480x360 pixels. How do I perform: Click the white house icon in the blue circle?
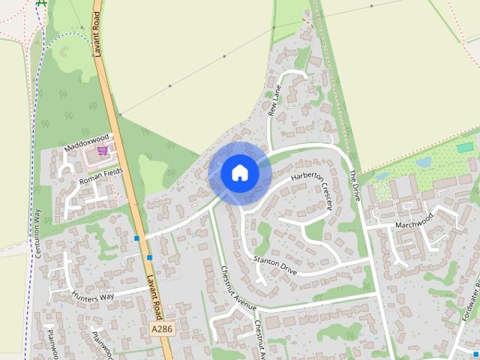click(239, 173)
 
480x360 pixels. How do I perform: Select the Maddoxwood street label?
click(87, 142)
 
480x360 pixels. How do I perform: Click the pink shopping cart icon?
click(103, 151)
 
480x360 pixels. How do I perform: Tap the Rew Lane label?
click(274, 100)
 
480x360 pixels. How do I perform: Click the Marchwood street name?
click(413, 221)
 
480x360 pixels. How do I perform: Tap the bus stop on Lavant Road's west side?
click(136, 238)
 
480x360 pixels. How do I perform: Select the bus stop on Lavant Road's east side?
click(150, 258)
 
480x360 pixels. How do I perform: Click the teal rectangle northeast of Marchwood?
click(465, 147)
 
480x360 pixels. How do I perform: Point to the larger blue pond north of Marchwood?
click(424, 161)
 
